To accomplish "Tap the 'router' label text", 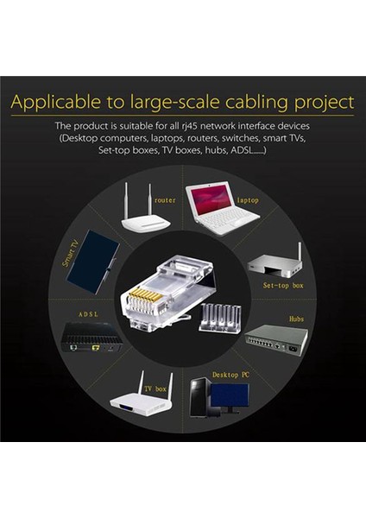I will [166, 199].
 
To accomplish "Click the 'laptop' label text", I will [248, 200].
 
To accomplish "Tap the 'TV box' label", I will [155, 388].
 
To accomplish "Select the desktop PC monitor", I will [229, 395].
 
